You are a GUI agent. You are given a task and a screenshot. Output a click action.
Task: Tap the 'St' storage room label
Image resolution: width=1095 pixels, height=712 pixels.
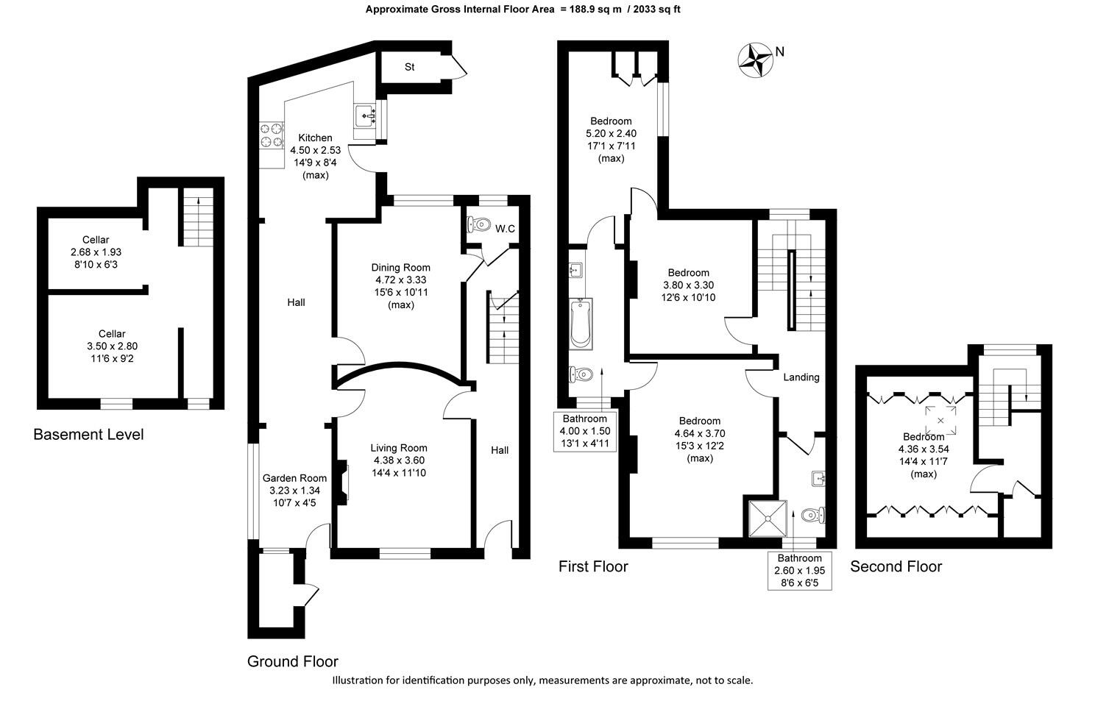(x=410, y=68)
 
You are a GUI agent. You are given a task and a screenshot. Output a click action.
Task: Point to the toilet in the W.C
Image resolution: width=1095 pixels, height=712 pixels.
(x=479, y=224)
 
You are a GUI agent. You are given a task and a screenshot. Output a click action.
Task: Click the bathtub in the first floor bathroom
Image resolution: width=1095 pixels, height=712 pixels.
(x=581, y=324)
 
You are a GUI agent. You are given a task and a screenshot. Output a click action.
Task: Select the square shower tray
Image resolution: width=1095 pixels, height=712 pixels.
(x=768, y=519)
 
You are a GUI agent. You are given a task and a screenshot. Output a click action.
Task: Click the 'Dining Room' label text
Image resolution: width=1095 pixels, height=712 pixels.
(x=400, y=268)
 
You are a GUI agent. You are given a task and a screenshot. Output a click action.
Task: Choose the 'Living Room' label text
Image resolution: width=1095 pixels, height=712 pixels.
(x=398, y=448)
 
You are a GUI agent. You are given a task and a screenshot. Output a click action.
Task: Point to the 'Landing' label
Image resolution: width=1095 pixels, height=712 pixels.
(x=801, y=377)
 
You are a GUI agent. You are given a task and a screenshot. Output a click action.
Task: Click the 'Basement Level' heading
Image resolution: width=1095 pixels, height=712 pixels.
(x=88, y=435)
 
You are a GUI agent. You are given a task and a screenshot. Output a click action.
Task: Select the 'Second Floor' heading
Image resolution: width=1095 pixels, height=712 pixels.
(x=896, y=566)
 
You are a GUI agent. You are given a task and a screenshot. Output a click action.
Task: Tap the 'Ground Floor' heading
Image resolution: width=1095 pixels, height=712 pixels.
(x=293, y=661)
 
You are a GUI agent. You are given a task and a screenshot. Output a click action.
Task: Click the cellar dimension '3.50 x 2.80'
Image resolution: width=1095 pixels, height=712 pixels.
(x=112, y=346)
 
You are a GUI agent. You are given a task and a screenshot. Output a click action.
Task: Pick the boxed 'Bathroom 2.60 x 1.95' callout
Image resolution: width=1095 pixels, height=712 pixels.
(x=800, y=571)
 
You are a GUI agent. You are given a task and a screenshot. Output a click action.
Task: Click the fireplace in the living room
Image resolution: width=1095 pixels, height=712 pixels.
(x=341, y=483)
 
